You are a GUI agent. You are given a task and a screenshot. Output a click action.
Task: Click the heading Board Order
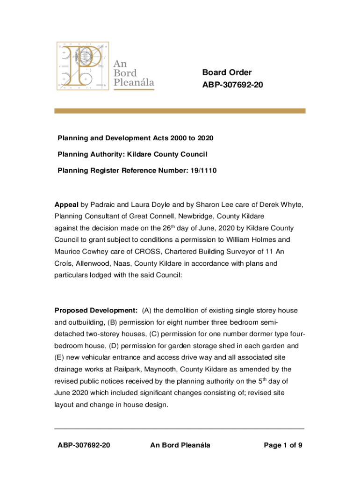(x=227, y=73)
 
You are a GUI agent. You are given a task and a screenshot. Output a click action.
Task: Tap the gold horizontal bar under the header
(x=180, y=111)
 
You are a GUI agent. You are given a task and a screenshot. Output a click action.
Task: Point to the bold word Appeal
(x=66, y=205)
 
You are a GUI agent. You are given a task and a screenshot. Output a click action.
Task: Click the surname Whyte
(x=293, y=205)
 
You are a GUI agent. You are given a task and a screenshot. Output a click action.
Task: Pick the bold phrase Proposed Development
(x=96, y=311)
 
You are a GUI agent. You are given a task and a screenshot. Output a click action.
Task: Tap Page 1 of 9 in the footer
(x=283, y=445)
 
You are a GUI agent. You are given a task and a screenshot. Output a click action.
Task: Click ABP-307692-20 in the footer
(x=84, y=445)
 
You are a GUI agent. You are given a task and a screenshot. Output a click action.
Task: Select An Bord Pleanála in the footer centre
(x=180, y=445)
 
